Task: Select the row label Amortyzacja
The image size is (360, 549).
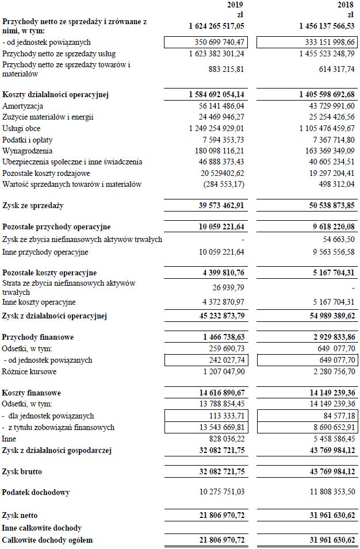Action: [23, 106]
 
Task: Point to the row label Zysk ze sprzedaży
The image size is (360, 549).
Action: [33, 205]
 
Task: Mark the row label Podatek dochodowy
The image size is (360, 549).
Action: [36, 493]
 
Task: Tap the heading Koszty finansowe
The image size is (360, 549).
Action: [32, 393]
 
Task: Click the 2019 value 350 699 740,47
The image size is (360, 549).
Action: [229, 43]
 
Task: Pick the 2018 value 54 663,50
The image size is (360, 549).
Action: [336, 239]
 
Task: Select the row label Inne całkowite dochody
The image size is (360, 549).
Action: [42, 528]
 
